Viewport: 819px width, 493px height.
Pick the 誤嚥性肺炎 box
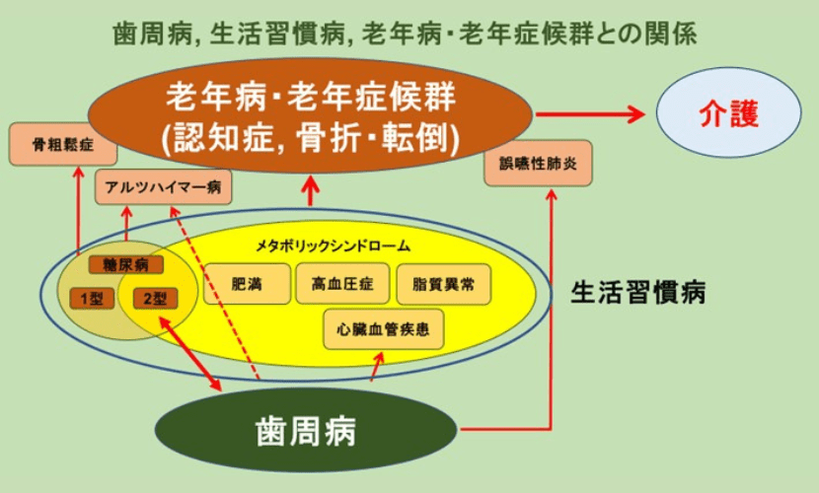(x=538, y=163)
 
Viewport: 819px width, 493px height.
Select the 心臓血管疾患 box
(x=384, y=328)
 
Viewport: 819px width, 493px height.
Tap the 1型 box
(x=92, y=298)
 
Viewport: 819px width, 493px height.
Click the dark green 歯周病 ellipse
(x=307, y=430)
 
